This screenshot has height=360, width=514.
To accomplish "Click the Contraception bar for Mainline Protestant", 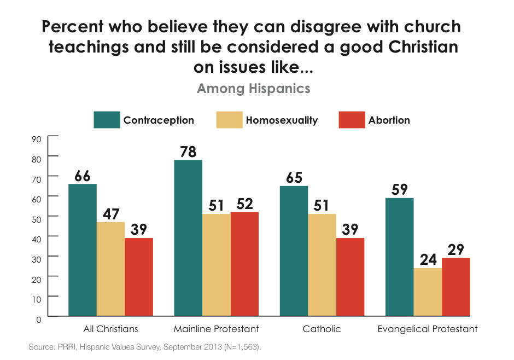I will [x=188, y=238].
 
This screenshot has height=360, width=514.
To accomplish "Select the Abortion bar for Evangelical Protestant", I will [x=456, y=287].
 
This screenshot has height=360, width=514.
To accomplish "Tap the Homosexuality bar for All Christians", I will [x=110, y=269].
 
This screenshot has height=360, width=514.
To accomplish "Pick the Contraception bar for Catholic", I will [x=294, y=251].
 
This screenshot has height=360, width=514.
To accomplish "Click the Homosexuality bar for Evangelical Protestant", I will [x=428, y=292].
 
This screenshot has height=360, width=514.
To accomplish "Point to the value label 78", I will [x=188, y=152].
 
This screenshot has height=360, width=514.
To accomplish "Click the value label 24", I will [x=428, y=259].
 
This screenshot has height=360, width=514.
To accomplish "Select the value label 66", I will [x=83, y=176].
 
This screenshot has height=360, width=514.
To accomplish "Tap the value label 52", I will [x=244, y=203].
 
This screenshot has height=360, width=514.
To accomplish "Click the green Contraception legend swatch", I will [x=107, y=120].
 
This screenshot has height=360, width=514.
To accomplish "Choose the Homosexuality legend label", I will [x=282, y=120].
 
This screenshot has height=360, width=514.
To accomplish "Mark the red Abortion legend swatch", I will [x=352, y=120].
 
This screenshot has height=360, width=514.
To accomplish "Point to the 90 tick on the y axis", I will [x=37, y=139].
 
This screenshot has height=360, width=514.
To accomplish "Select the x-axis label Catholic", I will [x=322, y=329].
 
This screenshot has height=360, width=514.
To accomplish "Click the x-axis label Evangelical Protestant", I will [x=428, y=329].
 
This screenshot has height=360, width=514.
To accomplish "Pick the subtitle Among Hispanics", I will [x=253, y=88].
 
